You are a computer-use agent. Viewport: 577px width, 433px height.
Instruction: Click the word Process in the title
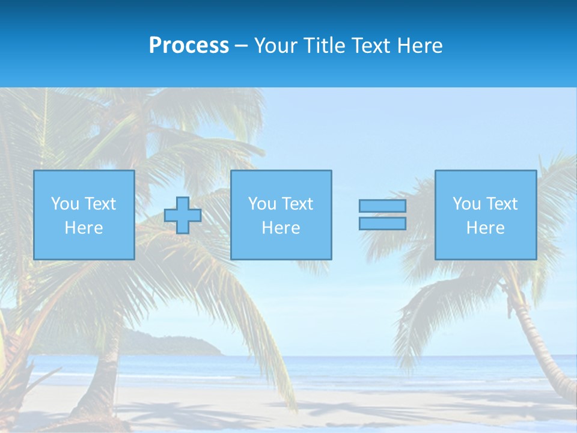coord(189,46)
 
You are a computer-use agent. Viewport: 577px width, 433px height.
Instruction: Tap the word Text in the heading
coord(372,46)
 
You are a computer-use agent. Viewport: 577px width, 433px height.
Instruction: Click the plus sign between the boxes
coord(183,215)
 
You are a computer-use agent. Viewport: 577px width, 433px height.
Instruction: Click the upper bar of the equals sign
coord(382,206)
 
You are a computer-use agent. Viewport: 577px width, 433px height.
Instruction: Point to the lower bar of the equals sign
coord(382,223)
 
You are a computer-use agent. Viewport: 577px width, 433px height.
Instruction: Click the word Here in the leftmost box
coord(84,228)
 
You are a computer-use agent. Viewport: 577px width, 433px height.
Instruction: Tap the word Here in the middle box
coord(281,228)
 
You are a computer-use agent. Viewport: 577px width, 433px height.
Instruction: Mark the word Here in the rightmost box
coord(486,228)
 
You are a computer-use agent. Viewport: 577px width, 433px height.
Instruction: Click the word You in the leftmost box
coord(65,204)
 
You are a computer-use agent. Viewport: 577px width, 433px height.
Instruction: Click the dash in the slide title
coord(241,46)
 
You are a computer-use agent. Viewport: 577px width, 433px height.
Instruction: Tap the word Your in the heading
coord(276,46)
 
